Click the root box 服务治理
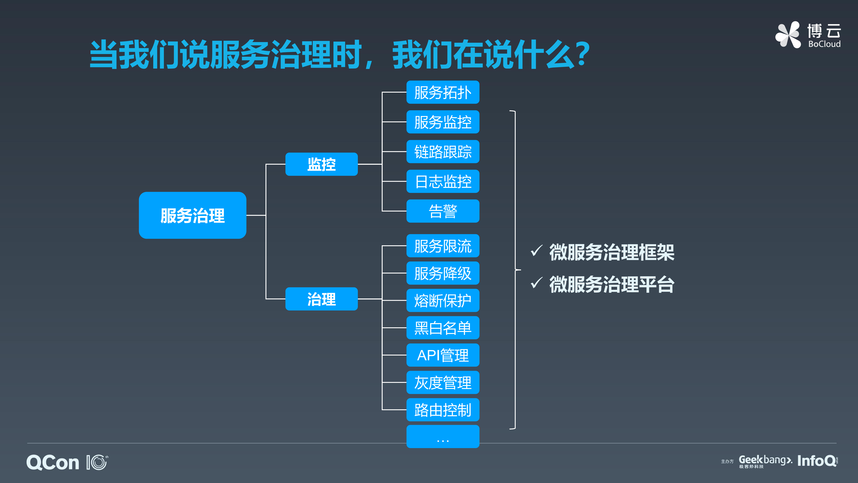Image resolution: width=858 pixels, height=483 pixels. coord(193,215)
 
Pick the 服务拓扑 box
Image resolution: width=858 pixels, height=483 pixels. coord(443,92)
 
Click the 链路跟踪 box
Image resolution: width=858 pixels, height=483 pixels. coord(443,152)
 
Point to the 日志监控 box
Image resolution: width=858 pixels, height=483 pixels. coord(443,181)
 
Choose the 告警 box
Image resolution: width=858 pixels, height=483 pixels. coord(443,211)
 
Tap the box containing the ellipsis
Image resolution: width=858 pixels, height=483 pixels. coord(443,437)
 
